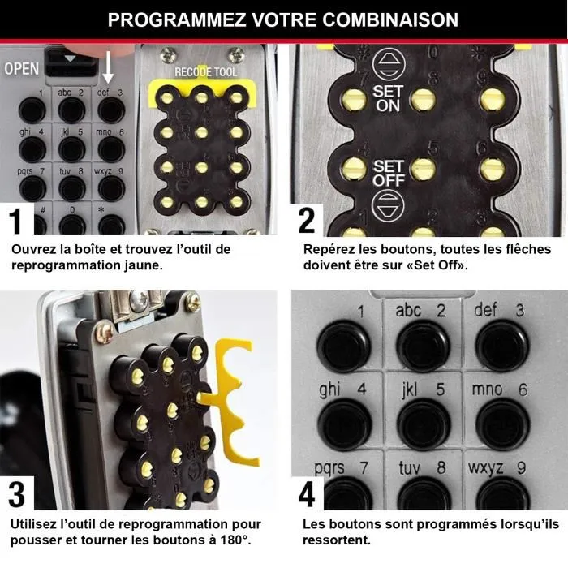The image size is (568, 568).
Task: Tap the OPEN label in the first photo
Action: coord(21,69)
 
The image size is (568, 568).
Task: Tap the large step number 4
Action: coord(307,494)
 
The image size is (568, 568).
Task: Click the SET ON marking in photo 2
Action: coord(387,98)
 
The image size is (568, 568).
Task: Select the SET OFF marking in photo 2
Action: coord(388,173)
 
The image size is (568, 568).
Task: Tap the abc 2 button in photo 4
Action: coord(423,345)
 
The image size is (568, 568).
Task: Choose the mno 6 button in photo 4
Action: coord(501,422)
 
